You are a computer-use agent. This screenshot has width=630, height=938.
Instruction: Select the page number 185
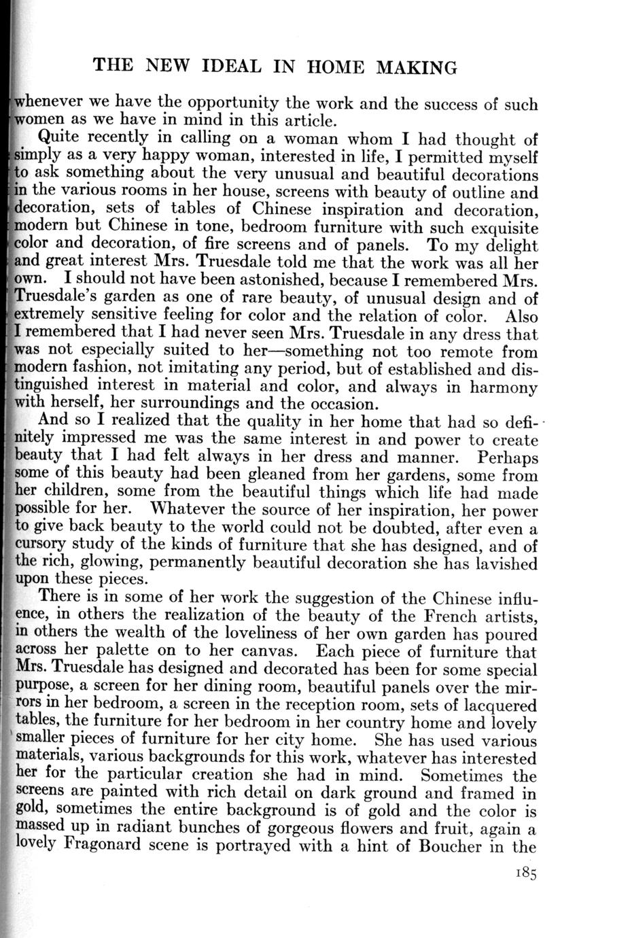tap(526, 874)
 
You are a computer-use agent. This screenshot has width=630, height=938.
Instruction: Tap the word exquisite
tap(502, 226)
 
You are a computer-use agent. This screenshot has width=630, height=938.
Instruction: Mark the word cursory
tap(40, 546)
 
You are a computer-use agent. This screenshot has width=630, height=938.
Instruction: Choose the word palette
tap(128, 652)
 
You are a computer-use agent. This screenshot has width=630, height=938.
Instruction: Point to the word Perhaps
tap(508, 457)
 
